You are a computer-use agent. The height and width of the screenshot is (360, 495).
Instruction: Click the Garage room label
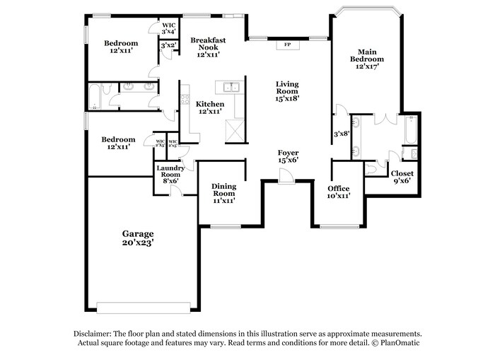click(x=138, y=233)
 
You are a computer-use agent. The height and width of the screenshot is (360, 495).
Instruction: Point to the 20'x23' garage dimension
click(x=138, y=243)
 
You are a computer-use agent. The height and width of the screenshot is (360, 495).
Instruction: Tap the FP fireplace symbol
click(x=287, y=45)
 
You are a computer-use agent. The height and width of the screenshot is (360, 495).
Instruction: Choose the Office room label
click(x=339, y=188)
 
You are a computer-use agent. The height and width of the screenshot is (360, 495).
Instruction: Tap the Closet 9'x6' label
click(x=402, y=173)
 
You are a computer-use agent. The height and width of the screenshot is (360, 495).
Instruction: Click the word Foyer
click(x=288, y=153)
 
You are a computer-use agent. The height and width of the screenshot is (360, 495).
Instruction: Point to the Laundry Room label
click(x=170, y=171)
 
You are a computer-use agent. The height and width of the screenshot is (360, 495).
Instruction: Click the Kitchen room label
click(x=210, y=104)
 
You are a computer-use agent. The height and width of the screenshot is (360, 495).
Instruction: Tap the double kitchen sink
click(x=231, y=87)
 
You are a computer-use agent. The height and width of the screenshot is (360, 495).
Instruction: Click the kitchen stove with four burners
click(x=185, y=96)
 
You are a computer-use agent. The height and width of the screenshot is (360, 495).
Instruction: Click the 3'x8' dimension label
click(x=342, y=133)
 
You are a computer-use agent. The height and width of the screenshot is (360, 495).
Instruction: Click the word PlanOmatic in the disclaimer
click(x=398, y=343)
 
